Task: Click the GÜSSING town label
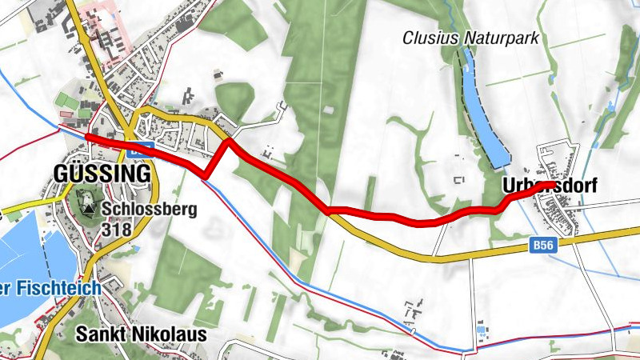102,174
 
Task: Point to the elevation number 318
115,230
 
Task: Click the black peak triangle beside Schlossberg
86,210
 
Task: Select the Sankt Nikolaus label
142,334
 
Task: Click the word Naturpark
502,38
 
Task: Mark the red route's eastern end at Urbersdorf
550,185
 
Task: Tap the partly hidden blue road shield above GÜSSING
141,146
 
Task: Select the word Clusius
428,38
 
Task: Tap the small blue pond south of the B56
481,330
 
